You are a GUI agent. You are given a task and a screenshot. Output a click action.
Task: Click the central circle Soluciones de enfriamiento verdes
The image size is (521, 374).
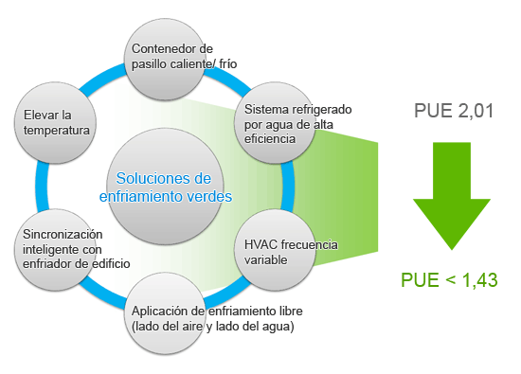coord(166,187)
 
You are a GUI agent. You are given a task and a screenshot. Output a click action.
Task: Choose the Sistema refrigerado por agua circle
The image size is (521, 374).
coord(280,118)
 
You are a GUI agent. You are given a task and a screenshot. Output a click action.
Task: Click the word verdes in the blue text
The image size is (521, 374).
coord(209,196)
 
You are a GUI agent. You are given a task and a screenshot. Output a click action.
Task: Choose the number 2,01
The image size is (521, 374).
coord(476,112)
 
